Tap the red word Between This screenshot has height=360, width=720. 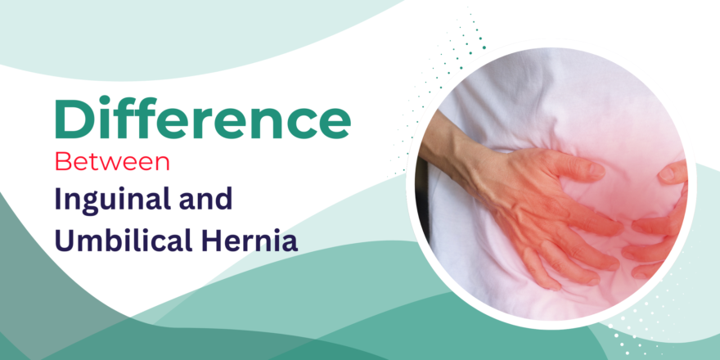coord(112,161)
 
